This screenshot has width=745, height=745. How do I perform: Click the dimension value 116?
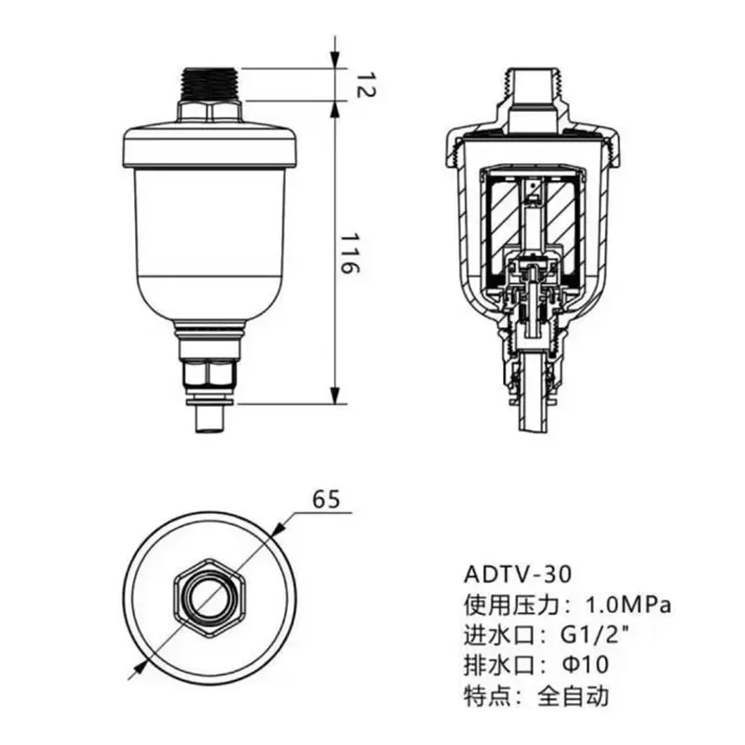coord(346,252)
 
